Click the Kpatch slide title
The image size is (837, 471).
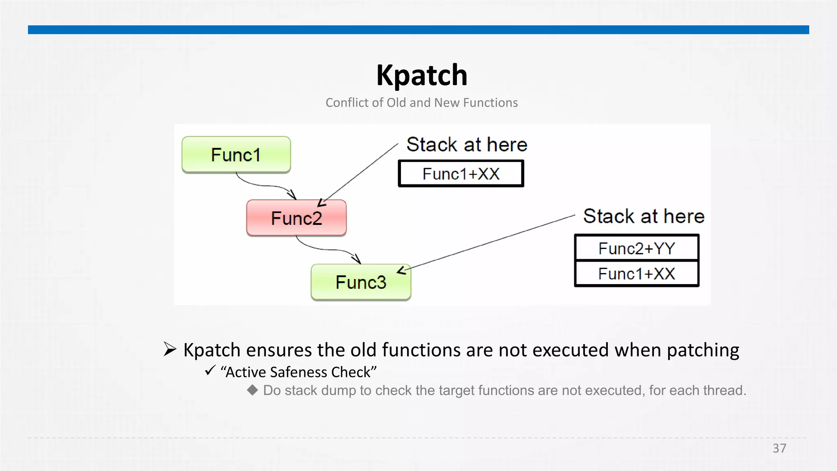coord(421,75)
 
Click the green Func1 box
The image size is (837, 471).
coord(236,155)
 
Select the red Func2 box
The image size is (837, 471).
coord(296,218)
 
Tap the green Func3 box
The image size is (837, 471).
coord(360,282)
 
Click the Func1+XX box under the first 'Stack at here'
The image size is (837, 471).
coord(461,174)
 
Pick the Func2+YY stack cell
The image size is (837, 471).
coord(636,248)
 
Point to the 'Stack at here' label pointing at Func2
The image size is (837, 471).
coord(467,145)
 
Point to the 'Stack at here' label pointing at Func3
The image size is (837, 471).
coord(643,216)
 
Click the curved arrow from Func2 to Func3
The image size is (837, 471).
coord(327,249)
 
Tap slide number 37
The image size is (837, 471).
coord(779,448)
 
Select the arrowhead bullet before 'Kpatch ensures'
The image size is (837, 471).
coord(170,349)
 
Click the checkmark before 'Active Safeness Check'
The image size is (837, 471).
coord(210,370)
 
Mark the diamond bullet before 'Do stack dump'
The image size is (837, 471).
coord(253,390)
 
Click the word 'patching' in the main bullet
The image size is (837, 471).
coord(703,351)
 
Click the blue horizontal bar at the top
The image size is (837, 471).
coord(418,30)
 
